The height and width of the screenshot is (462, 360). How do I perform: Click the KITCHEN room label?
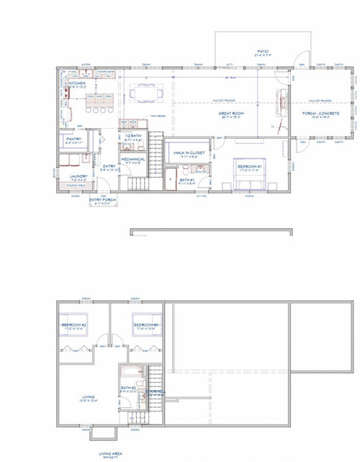tap(78, 83)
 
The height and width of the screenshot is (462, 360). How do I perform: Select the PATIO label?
tap(264, 52)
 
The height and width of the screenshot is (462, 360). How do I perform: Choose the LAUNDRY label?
tap(78, 175)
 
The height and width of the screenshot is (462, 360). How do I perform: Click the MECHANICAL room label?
tap(133, 159)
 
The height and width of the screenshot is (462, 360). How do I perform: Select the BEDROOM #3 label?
tap(147, 325)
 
